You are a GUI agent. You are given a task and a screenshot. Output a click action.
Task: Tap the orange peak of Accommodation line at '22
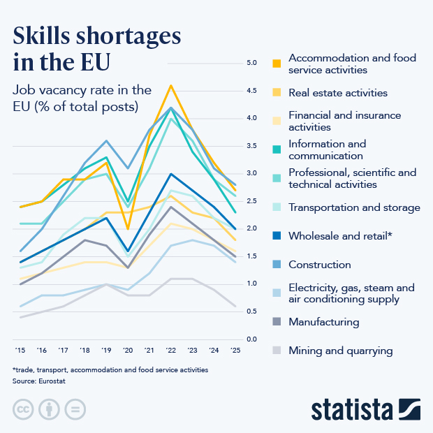pyautogui.click(x=171, y=86)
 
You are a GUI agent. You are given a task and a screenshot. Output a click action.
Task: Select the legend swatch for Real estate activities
pyautogui.click(x=277, y=92)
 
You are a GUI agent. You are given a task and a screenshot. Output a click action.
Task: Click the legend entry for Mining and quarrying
pyautogui.click(x=340, y=351)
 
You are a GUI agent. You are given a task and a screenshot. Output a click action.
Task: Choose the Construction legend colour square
pyautogui.click(x=277, y=264)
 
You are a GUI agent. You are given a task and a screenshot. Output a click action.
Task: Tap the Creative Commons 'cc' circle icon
pyautogui.click(x=24, y=409)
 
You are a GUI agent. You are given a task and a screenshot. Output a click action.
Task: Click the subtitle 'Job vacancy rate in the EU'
pyautogui.click(x=82, y=98)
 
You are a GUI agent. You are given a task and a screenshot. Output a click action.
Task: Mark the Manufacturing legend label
pyautogui.click(x=323, y=322)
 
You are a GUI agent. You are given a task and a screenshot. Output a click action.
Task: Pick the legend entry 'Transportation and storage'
pyautogui.click(x=354, y=207)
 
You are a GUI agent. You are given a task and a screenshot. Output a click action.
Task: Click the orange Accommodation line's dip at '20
pyautogui.click(x=128, y=228)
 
